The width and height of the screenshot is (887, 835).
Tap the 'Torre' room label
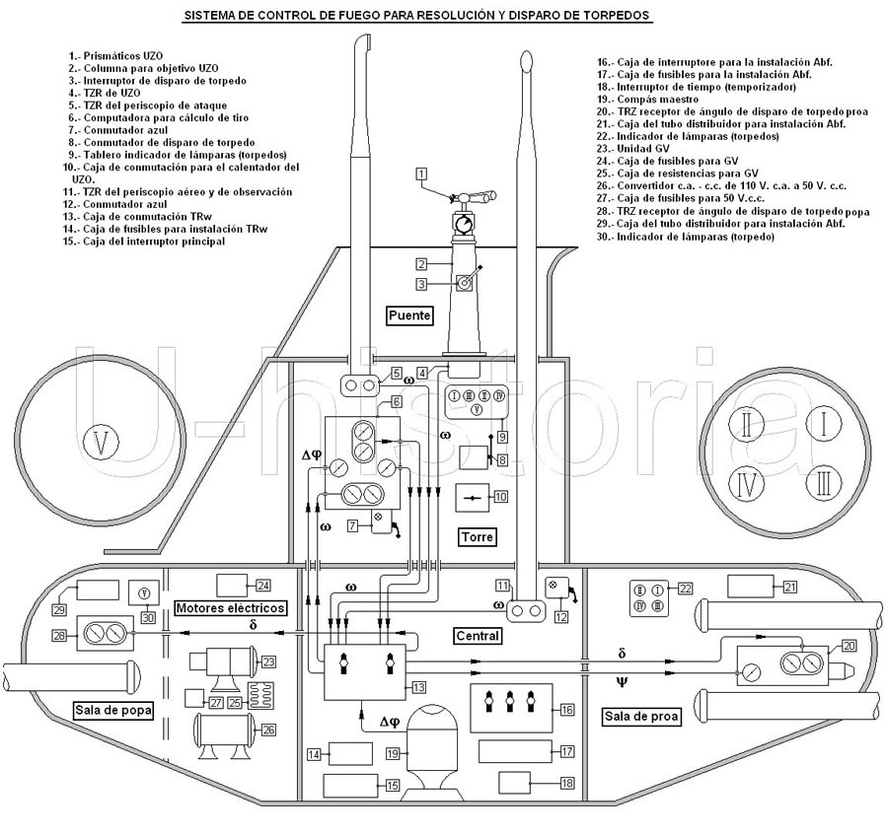pyautogui.click(x=477, y=537)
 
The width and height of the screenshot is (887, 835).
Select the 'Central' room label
pyautogui.click(x=477, y=636)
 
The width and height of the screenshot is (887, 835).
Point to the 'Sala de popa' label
pyautogui.click(x=113, y=709)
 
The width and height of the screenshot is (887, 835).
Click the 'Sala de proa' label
pyautogui.click(x=640, y=717)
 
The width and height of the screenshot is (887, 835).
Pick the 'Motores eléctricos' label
pyautogui.click(x=232, y=608)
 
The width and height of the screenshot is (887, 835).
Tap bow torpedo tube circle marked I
pyautogui.click(x=821, y=425)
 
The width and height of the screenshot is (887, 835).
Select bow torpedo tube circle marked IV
pyautogui.click(x=749, y=483)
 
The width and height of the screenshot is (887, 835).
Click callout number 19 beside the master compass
pyautogui.click(x=393, y=754)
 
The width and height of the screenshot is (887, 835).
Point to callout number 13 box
pyautogui.click(x=418, y=686)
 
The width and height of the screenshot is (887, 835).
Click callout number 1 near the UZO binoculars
pyautogui.click(x=421, y=174)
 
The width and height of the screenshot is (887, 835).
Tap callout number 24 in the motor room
pyautogui.click(x=263, y=585)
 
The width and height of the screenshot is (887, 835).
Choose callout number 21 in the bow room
pyautogui.click(x=789, y=587)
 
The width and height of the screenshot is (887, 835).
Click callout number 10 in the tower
pyautogui.click(x=501, y=497)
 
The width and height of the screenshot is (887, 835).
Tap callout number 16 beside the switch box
pyautogui.click(x=566, y=709)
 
